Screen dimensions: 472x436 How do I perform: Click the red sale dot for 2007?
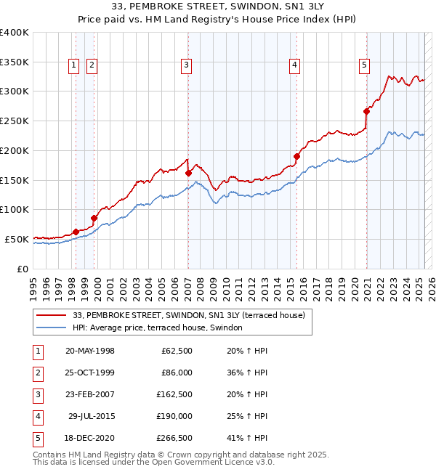[x=188, y=173]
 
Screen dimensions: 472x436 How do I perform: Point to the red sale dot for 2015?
[x=297, y=156]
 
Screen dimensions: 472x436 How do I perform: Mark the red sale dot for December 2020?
[x=367, y=111]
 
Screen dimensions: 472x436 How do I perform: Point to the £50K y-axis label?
[x=17, y=239]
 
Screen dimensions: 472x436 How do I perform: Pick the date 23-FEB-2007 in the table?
[x=90, y=395]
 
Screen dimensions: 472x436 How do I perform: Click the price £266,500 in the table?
[x=174, y=439]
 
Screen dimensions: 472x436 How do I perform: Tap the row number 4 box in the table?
[x=37, y=417]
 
